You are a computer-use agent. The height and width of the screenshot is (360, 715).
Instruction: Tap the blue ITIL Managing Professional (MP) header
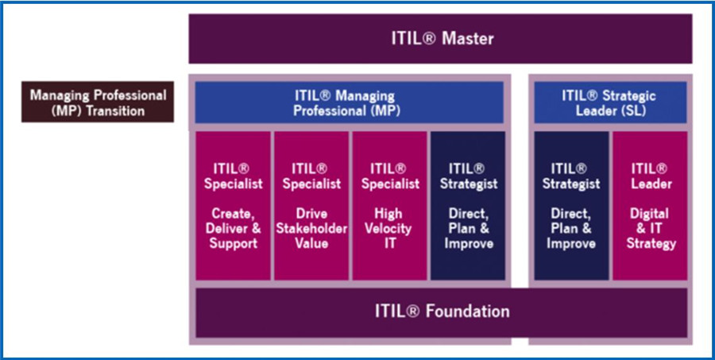[x=349, y=103]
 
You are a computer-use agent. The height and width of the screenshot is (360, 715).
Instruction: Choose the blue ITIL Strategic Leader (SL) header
[x=609, y=103]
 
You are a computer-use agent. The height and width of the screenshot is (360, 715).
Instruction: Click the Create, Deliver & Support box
[x=233, y=205]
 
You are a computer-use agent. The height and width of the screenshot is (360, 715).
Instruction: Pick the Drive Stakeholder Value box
[x=311, y=205]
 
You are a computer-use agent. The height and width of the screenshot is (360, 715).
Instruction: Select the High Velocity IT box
[x=389, y=205]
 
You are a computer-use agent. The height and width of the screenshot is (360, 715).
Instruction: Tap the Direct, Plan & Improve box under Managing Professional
[x=468, y=205]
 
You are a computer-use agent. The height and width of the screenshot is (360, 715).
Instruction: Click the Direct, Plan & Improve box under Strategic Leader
[x=570, y=205]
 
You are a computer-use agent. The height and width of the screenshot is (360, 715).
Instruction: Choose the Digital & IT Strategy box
[x=649, y=205]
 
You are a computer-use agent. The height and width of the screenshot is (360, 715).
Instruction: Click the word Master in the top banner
[x=469, y=38]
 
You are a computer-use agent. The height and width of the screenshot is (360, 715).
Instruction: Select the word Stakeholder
[x=311, y=229]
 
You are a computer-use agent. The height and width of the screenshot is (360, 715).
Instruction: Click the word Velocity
[x=389, y=229]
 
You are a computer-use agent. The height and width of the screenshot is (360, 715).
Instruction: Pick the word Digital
[x=649, y=214]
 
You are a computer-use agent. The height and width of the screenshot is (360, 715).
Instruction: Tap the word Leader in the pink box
[x=649, y=184]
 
